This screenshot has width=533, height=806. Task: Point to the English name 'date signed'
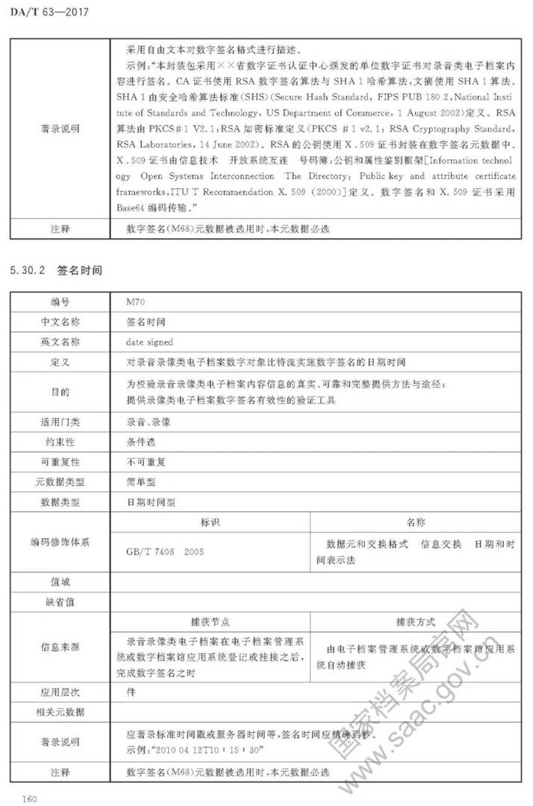pos(149,342)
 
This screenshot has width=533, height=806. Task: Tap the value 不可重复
pos(146,462)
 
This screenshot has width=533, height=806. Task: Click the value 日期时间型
pos(152,502)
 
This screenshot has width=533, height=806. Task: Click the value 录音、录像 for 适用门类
pos(149,422)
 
